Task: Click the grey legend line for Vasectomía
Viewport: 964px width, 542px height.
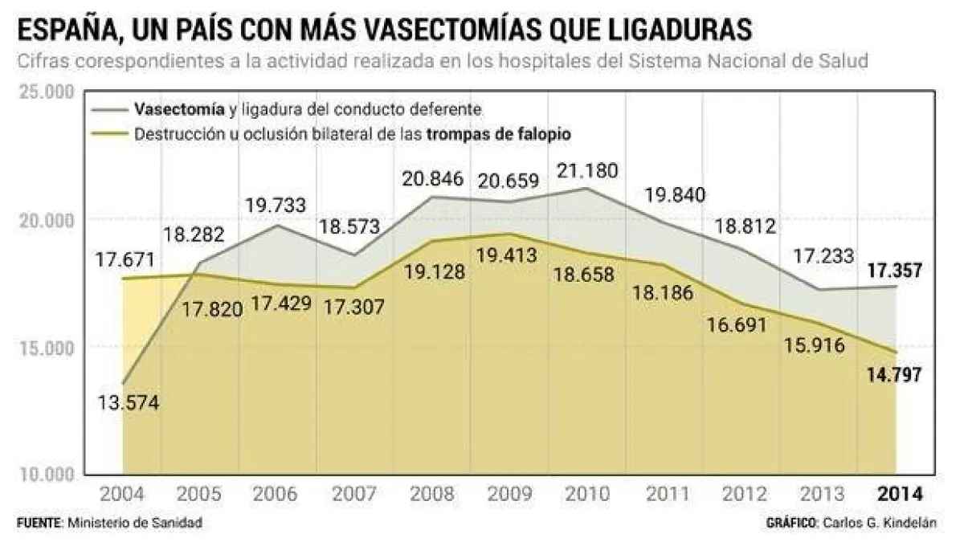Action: coord(111,108)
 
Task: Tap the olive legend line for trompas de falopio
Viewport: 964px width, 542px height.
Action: coord(111,133)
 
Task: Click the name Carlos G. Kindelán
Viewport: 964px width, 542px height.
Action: coord(879,523)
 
